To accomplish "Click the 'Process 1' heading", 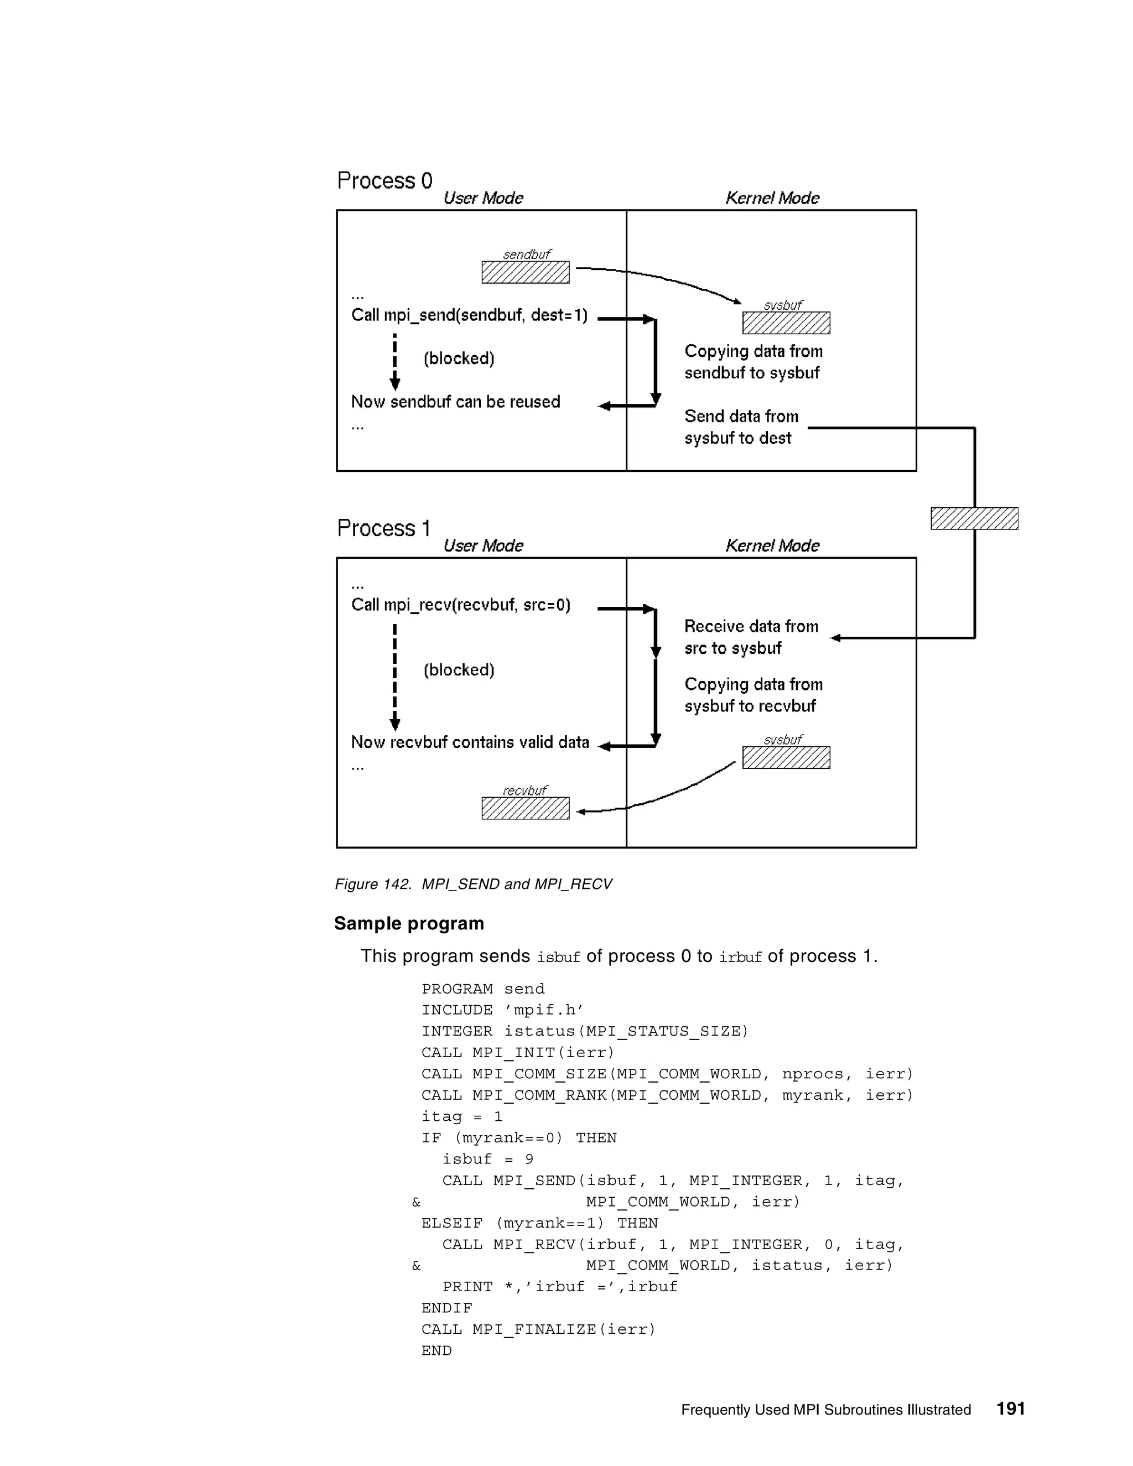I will tap(383, 528).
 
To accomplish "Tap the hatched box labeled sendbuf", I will tap(525, 272).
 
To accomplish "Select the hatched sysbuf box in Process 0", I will tap(786, 323).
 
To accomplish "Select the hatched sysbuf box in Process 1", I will tap(786, 757).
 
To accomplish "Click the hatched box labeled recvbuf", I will tap(525, 808).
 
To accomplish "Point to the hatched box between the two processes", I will tap(974, 518).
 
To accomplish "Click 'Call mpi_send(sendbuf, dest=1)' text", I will tap(469, 315).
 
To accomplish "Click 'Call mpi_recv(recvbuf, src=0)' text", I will tap(460, 605).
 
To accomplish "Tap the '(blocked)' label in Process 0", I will tap(459, 358).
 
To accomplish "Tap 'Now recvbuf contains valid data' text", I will tap(470, 742).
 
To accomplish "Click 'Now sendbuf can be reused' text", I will tap(455, 402).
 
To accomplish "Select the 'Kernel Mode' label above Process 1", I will tap(772, 545).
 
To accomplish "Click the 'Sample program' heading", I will tap(409, 924).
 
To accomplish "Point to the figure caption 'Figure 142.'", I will tap(372, 884).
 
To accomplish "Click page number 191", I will tap(1010, 1408).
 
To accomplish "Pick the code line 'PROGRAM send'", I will tap(482, 989).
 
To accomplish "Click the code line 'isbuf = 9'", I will tap(487, 1159).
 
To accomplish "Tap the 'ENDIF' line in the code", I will tap(446, 1308).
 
